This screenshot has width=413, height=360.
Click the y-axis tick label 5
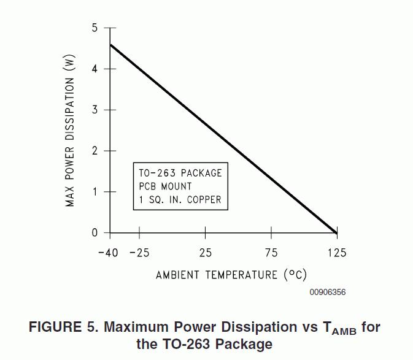tap(95, 28)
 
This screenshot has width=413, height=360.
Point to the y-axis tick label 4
tap(95, 69)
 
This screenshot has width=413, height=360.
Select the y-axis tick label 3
tap(95, 110)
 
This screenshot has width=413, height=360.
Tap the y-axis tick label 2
tap(95, 151)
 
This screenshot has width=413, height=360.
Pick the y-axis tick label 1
tap(95, 192)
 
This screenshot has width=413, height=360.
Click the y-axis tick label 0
tap(95, 233)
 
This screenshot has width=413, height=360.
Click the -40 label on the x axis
tap(108, 253)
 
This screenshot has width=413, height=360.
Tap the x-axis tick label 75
tap(271, 253)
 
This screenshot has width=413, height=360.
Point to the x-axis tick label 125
tap(336, 253)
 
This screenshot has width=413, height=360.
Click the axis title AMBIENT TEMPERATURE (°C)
tap(231, 274)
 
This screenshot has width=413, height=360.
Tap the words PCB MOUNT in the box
tap(165, 186)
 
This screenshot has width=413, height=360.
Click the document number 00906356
tap(327, 293)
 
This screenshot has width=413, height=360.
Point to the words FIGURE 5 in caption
tap(63, 327)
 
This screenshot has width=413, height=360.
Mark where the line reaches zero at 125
tap(336, 233)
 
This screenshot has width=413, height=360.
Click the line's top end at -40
tap(110, 45)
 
